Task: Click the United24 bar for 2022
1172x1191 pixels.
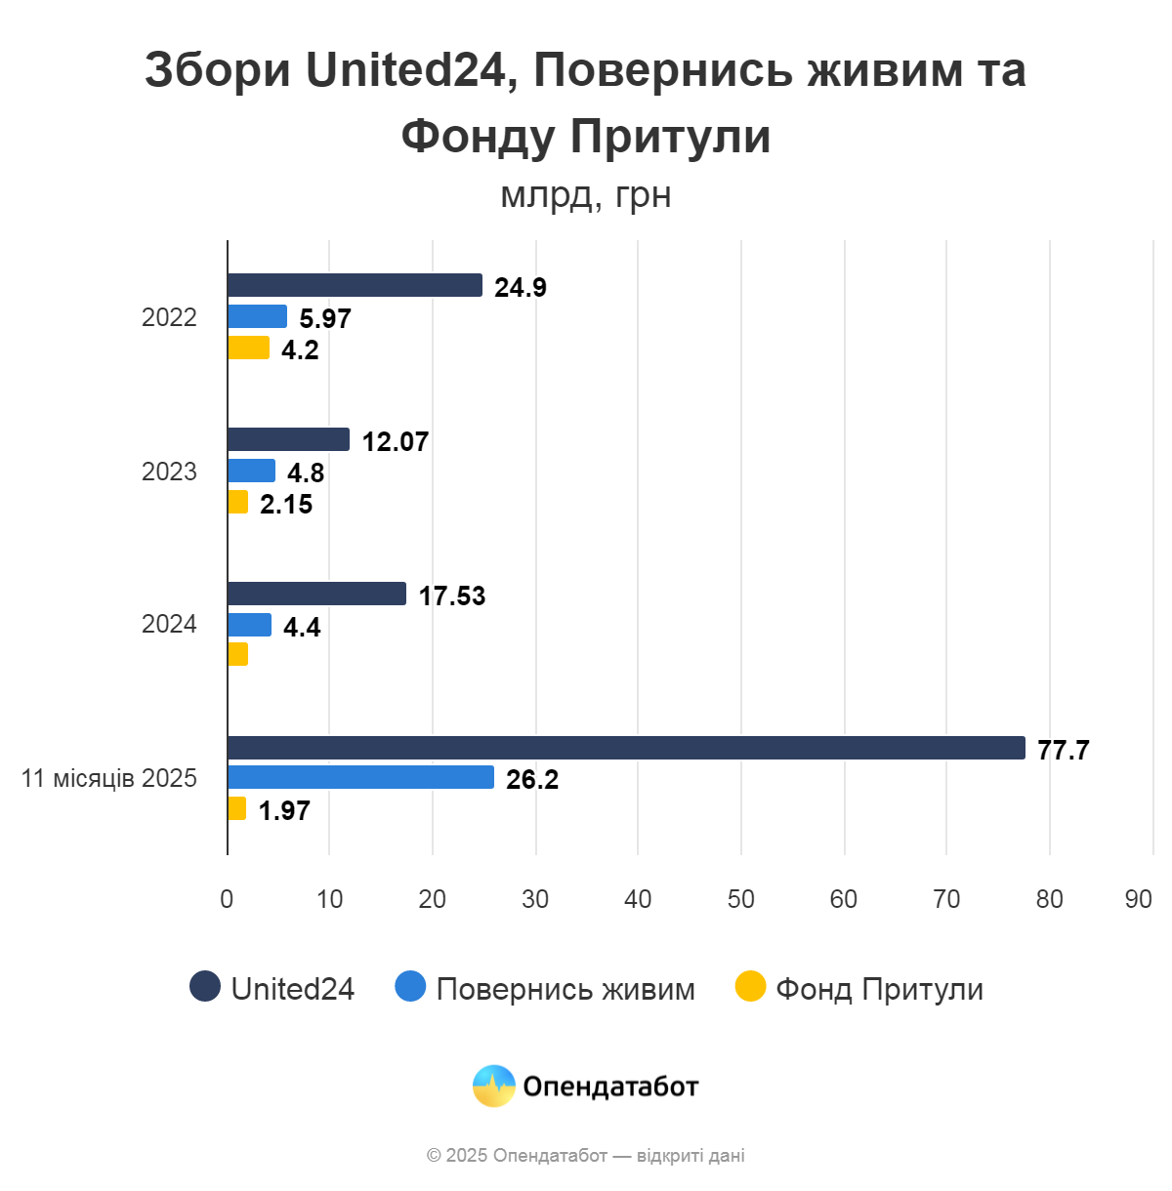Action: [x=355, y=285]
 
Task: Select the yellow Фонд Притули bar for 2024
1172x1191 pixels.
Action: [x=237, y=654]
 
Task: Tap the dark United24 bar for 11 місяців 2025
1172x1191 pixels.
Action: [x=625, y=748]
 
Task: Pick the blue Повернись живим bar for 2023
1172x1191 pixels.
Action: [x=251, y=471]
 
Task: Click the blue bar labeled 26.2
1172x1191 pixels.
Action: [x=360, y=777]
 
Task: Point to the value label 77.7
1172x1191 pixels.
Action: [x=1063, y=751]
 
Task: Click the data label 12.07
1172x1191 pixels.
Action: [x=395, y=442]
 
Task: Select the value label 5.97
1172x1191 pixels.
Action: [x=324, y=319]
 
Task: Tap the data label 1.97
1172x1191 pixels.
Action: [x=283, y=811]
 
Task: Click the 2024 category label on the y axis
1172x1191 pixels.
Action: [x=169, y=625]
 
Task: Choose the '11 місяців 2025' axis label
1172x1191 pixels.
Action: [x=109, y=779]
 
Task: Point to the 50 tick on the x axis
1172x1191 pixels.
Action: [x=740, y=899]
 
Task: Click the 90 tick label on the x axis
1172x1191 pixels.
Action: [x=1138, y=899]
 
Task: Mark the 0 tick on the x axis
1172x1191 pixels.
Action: [x=227, y=899]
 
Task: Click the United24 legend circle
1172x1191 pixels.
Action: [x=205, y=987]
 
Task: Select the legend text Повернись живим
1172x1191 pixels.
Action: [x=565, y=989]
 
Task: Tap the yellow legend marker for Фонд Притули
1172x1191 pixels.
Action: [x=750, y=987]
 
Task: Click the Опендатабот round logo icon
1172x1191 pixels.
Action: [x=494, y=1086]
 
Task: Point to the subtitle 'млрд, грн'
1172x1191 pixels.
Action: [x=585, y=195]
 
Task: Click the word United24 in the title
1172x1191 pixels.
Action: [x=411, y=70]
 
